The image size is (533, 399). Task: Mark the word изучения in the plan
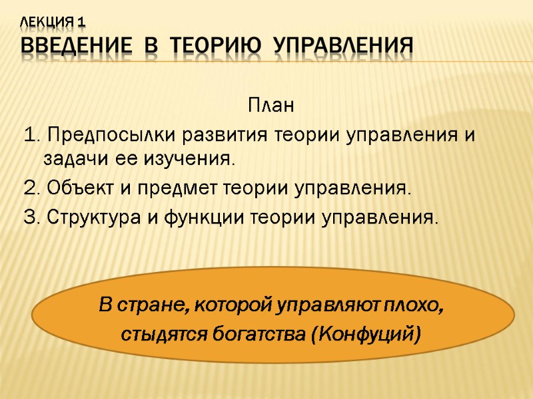click(195, 160)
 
